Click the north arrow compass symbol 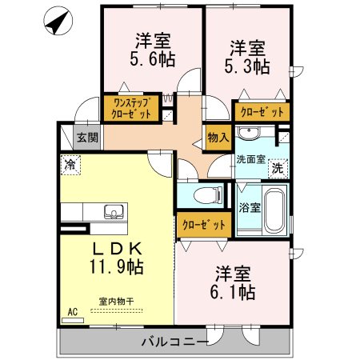coord(58,21)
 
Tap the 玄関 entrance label coord(87,138)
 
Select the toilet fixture coord(208,196)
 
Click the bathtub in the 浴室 coord(274,209)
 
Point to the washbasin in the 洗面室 coord(249,133)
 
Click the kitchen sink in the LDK coord(114,212)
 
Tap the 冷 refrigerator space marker coord(70,165)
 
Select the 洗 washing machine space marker coord(278,169)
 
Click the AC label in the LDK coord(73,312)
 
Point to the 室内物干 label coord(116,302)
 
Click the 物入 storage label coord(218,138)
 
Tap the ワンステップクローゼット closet coord(131,108)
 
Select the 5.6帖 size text coord(153,59)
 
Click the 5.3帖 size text coord(247,66)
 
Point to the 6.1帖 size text coord(233,292)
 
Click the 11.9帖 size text coord(117,266)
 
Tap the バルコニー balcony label coord(174,342)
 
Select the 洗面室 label coord(251,159)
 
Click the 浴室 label coord(250,208)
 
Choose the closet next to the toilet coord(204,225)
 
